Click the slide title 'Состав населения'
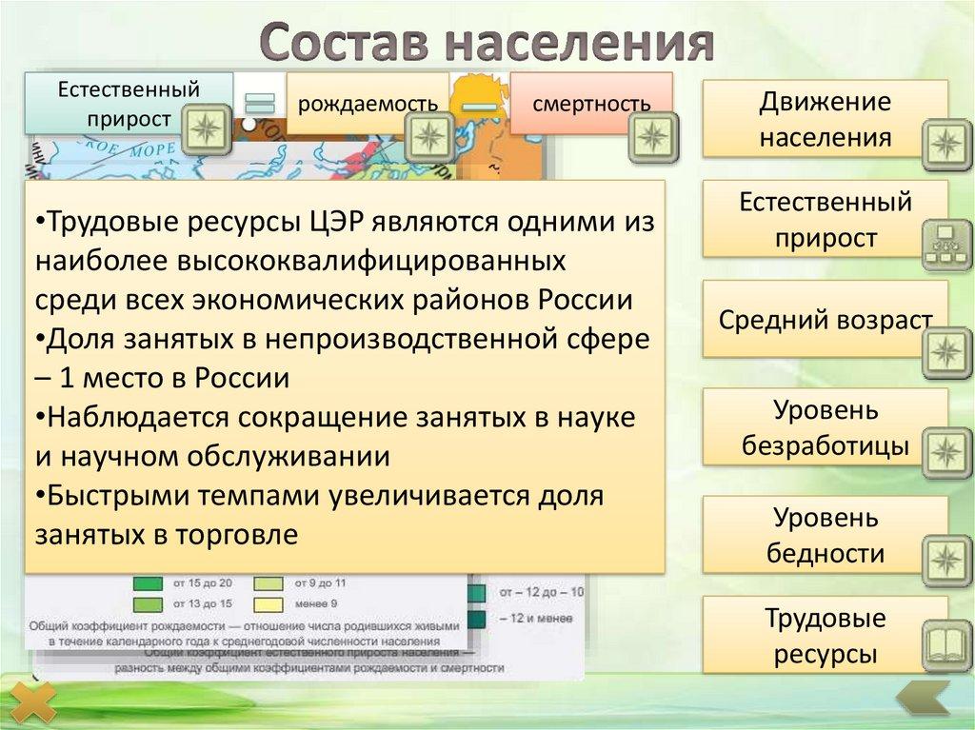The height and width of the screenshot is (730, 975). click(487, 43)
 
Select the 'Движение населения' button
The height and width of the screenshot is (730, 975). click(825, 118)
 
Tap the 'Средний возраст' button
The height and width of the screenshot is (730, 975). click(825, 319)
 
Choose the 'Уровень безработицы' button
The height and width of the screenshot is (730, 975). click(825, 427)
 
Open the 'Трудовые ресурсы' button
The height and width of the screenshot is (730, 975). click(825, 636)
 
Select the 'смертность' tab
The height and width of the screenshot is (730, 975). click(591, 102)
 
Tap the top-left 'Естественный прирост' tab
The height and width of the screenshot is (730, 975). click(129, 103)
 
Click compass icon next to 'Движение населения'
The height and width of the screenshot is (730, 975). click(946, 143)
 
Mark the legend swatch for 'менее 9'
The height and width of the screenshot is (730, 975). click(269, 602)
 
